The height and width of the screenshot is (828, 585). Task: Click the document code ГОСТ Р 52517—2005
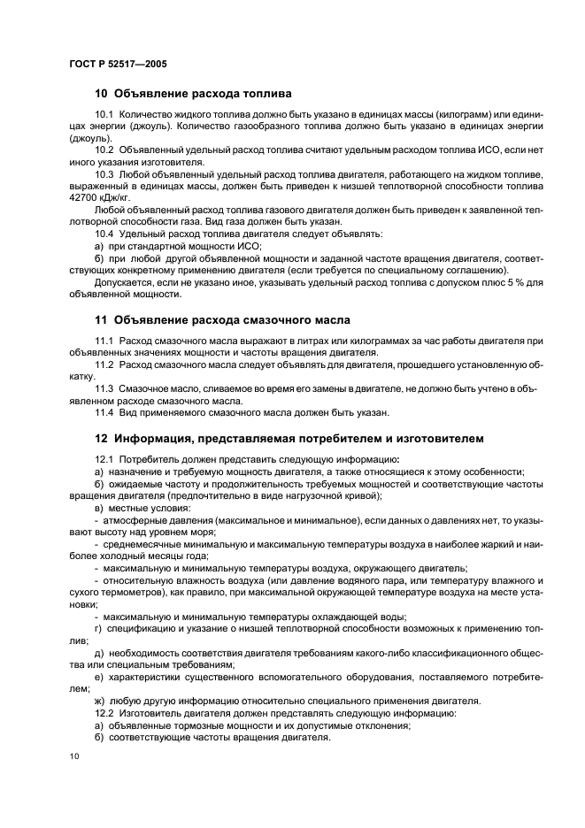[x=118, y=65]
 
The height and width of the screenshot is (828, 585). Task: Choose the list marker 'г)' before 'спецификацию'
[x=98, y=628]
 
